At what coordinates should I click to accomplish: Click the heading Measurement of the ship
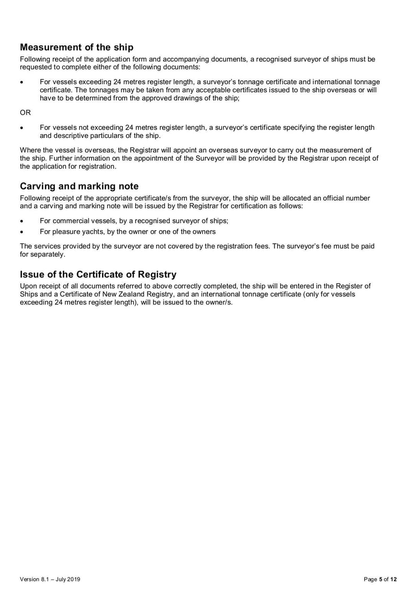(76, 48)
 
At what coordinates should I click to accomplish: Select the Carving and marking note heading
(79, 186)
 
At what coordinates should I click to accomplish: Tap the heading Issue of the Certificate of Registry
(98, 274)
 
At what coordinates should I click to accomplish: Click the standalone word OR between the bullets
(25, 112)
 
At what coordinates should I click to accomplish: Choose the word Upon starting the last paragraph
(28, 286)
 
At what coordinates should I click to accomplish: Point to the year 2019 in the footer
(72, 579)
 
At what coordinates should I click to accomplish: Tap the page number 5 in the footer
(381, 579)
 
